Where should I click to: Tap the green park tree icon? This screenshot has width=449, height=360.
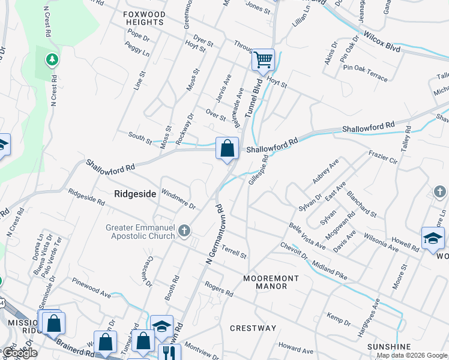tap(52, 59)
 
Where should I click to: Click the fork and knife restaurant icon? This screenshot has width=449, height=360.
tap(166, 352)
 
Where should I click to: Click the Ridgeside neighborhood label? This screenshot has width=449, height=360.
tap(135, 194)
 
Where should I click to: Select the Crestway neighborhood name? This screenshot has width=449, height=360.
tap(253, 328)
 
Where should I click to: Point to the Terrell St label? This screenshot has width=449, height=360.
tap(234, 251)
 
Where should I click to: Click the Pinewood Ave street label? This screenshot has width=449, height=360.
tap(91, 287)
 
